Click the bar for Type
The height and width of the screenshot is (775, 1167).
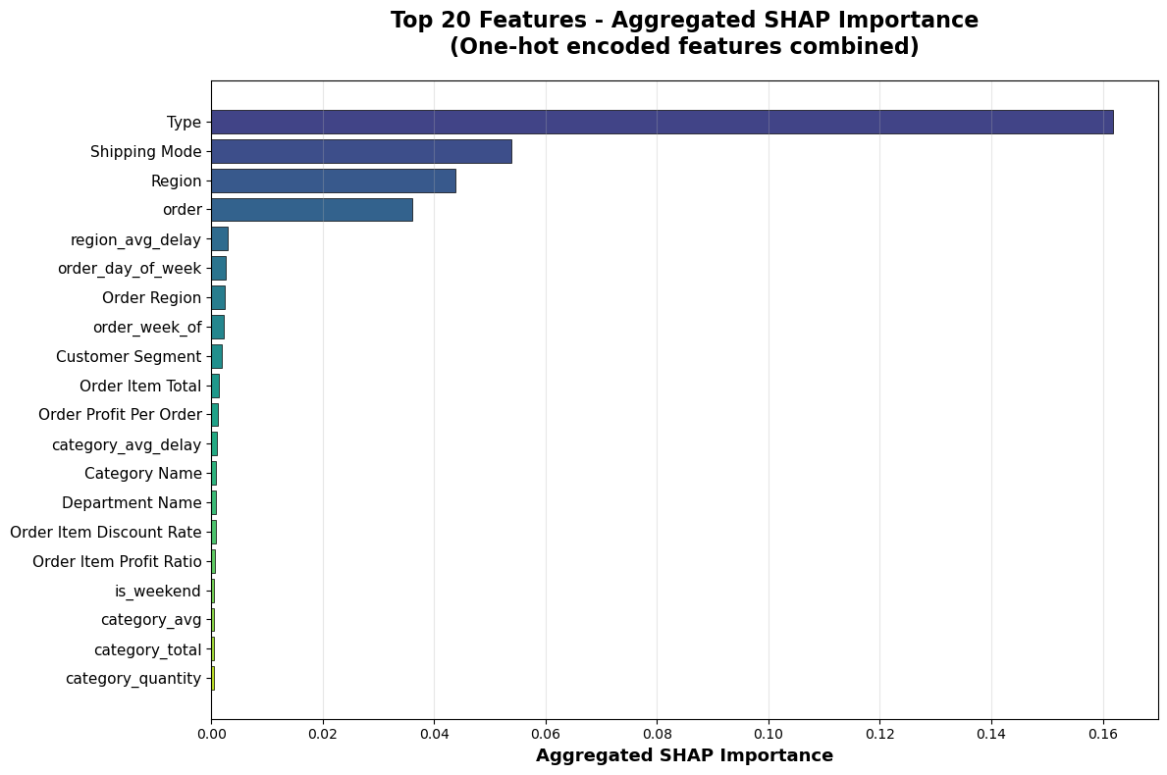[x=663, y=122]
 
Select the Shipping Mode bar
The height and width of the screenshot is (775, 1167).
[x=362, y=152]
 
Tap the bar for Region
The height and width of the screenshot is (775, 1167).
[x=334, y=181]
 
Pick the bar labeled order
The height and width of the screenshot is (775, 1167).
[x=312, y=210]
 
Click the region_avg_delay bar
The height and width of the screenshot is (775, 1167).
[x=220, y=239]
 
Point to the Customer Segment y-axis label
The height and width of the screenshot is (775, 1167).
[x=129, y=357]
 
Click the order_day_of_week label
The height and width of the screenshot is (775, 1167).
[x=130, y=269]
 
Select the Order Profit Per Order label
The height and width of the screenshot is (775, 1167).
[x=121, y=415]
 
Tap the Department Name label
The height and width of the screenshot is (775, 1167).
[x=132, y=503]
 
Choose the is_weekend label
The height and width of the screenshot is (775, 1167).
[x=158, y=592]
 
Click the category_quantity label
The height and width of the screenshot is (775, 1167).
[x=133, y=678]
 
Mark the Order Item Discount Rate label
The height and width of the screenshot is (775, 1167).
[x=106, y=533]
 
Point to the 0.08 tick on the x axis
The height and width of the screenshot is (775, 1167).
[x=658, y=734]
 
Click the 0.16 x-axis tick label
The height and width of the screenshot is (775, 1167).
[x=1103, y=734]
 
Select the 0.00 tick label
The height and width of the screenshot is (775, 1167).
[x=211, y=734]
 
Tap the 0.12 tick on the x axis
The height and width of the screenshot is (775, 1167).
[x=879, y=734]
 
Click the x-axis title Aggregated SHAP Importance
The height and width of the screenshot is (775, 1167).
[x=685, y=755]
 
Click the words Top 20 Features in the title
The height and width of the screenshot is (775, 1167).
[x=488, y=20]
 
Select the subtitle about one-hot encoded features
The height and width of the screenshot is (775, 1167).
[x=685, y=47]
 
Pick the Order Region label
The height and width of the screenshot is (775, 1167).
[x=152, y=298]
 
